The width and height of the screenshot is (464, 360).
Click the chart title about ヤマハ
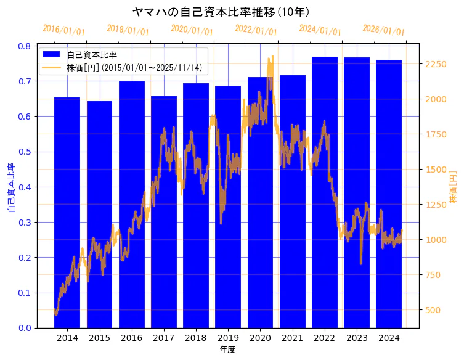pos(221,12)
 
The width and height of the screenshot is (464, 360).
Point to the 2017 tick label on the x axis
pos(164,338)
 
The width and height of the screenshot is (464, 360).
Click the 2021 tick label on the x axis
pos(292,338)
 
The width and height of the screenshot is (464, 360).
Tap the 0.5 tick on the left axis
pos(24,152)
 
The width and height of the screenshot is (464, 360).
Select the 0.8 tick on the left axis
pos(24,46)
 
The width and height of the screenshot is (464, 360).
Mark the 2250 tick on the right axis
pos(436,64)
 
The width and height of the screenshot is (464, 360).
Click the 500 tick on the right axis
pos(433,310)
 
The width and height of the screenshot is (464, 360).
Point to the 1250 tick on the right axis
pos(436,205)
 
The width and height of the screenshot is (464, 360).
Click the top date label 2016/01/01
pos(63,30)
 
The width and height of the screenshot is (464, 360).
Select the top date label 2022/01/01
pos(256,30)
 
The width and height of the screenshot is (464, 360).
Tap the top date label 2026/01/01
pos(383,30)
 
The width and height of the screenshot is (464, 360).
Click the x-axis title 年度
pos(227,350)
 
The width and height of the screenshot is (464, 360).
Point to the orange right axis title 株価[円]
pos(454,187)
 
